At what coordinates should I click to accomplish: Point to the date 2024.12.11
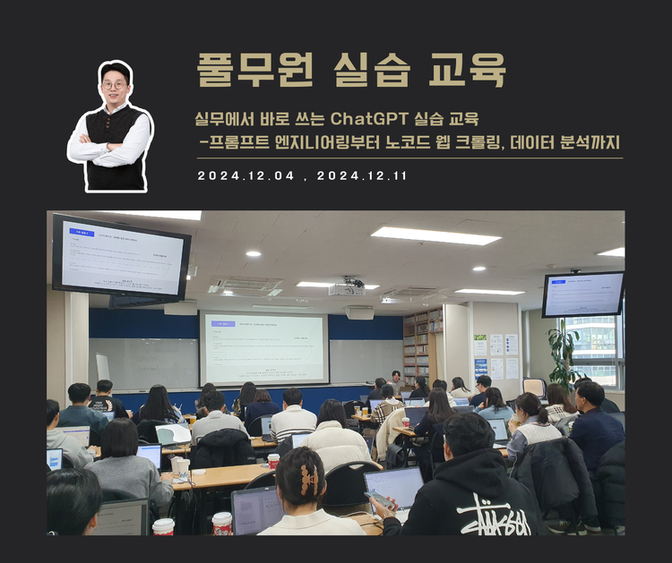click(362, 176)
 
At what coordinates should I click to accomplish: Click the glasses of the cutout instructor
click(114, 85)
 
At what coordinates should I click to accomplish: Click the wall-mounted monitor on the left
click(121, 257)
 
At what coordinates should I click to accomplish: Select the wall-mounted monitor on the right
click(583, 294)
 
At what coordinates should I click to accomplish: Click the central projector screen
click(263, 348)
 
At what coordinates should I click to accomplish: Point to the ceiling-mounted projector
click(347, 288)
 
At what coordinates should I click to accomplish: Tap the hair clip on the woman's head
click(307, 479)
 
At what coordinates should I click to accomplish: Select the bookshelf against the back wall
click(422, 344)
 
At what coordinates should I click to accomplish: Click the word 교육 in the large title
click(467, 69)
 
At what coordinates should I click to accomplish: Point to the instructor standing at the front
click(395, 380)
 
